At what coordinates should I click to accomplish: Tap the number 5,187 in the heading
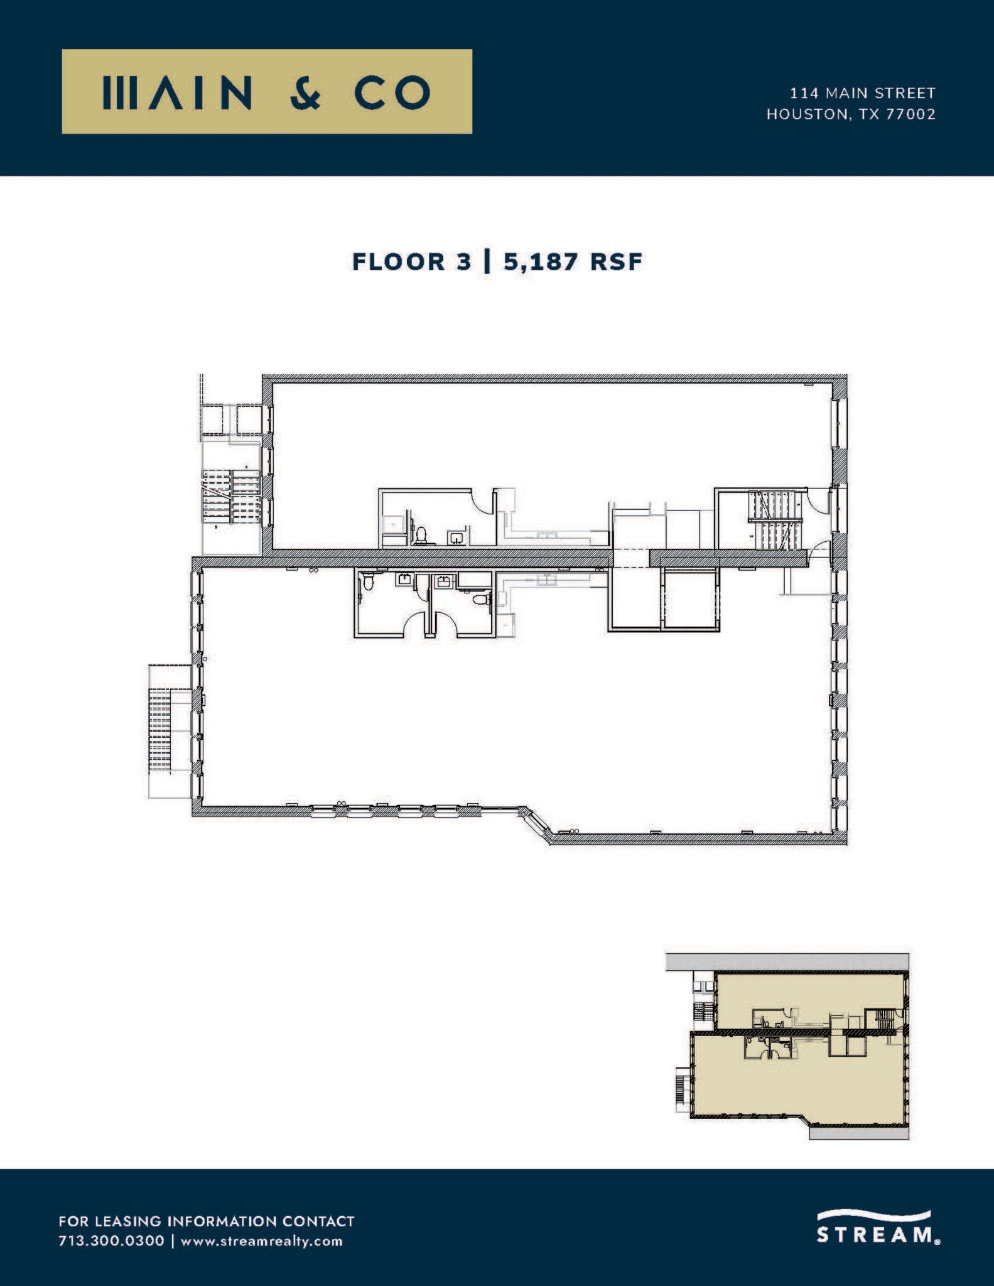(x=540, y=261)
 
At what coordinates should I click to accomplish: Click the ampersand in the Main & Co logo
(x=306, y=92)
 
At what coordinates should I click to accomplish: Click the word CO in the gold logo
(x=392, y=92)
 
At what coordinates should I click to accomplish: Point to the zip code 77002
(x=910, y=114)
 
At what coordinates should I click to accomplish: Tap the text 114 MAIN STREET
(x=862, y=93)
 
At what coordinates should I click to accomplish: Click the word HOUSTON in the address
(x=806, y=114)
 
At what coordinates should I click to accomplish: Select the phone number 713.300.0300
(x=111, y=1241)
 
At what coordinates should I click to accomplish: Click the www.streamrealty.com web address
(x=262, y=1241)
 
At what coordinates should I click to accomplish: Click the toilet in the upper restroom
(x=421, y=535)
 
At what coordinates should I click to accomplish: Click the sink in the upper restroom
(x=456, y=537)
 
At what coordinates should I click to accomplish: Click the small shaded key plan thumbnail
(x=787, y=1046)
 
